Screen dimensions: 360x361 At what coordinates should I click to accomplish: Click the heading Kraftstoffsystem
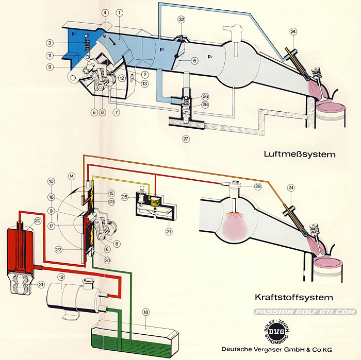point(294,297)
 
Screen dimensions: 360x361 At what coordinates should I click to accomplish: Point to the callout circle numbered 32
point(181,19)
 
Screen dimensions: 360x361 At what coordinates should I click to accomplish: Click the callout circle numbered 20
point(37,221)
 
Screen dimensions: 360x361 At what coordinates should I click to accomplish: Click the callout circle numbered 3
point(50,43)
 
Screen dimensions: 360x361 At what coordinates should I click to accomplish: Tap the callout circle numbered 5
point(194,60)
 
